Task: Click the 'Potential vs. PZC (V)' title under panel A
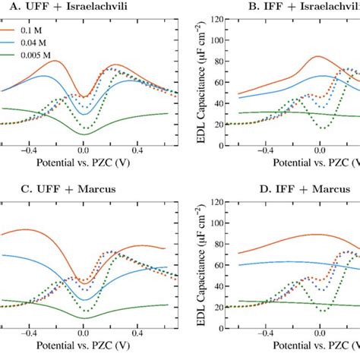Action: [x=82, y=163]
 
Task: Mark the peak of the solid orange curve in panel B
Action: [x=317, y=56]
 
